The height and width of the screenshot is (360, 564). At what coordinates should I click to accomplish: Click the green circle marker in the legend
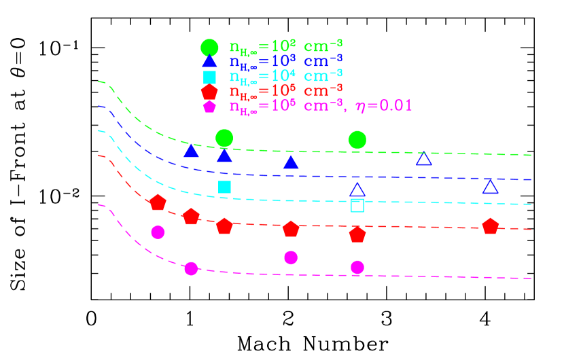coord(209,48)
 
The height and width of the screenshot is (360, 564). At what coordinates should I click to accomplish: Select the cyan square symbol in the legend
coord(209,77)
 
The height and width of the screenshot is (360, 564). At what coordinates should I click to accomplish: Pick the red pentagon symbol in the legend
coord(209,92)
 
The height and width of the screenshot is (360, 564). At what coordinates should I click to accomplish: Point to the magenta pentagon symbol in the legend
coord(209,106)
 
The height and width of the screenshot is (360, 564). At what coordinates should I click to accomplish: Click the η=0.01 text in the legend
coord(384,106)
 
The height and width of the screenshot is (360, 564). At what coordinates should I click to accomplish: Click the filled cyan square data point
coord(224,187)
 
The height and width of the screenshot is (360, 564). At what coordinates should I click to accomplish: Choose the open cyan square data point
coord(357,205)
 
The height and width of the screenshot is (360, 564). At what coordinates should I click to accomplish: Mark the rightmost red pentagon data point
coord(491,226)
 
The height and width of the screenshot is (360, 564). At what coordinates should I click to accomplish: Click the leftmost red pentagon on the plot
coord(158,202)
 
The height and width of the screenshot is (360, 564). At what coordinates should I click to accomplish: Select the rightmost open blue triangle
coord(491,187)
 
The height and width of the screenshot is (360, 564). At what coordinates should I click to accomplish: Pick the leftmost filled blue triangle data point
coord(191,151)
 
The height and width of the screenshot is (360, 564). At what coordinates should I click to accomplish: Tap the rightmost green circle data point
coord(357,140)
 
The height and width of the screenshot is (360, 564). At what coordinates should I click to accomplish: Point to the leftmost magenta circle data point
coord(158,232)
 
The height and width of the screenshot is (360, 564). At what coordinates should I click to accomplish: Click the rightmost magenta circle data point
coord(357,268)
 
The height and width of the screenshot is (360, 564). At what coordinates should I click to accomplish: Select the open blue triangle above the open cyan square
coord(357,190)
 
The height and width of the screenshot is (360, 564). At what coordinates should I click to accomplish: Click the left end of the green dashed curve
coord(99,82)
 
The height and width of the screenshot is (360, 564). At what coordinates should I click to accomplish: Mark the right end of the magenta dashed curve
coord(530,278)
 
